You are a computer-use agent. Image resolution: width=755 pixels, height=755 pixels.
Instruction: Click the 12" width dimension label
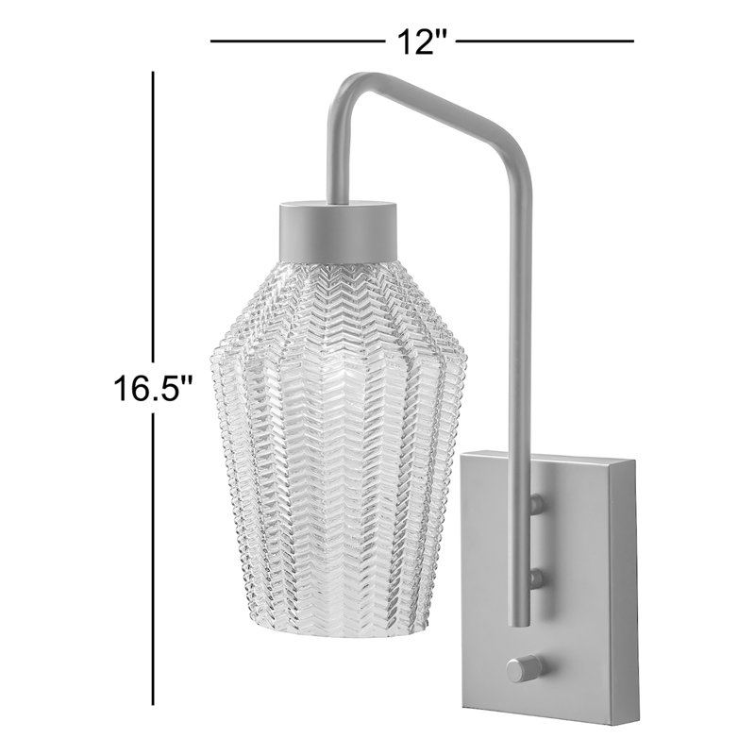(x=420, y=42)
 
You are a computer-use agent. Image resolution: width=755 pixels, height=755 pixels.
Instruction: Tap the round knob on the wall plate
(x=523, y=669)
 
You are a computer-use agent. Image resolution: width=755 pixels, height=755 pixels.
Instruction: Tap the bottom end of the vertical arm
(x=520, y=623)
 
